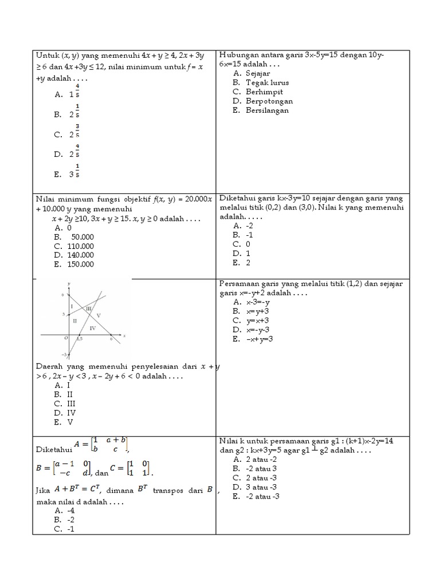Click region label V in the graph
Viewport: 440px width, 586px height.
(x=99, y=315)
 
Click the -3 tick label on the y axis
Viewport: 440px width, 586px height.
(x=64, y=355)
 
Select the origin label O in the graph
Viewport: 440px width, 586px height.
(x=66, y=338)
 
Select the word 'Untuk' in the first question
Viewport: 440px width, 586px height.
(x=48, y=56)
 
